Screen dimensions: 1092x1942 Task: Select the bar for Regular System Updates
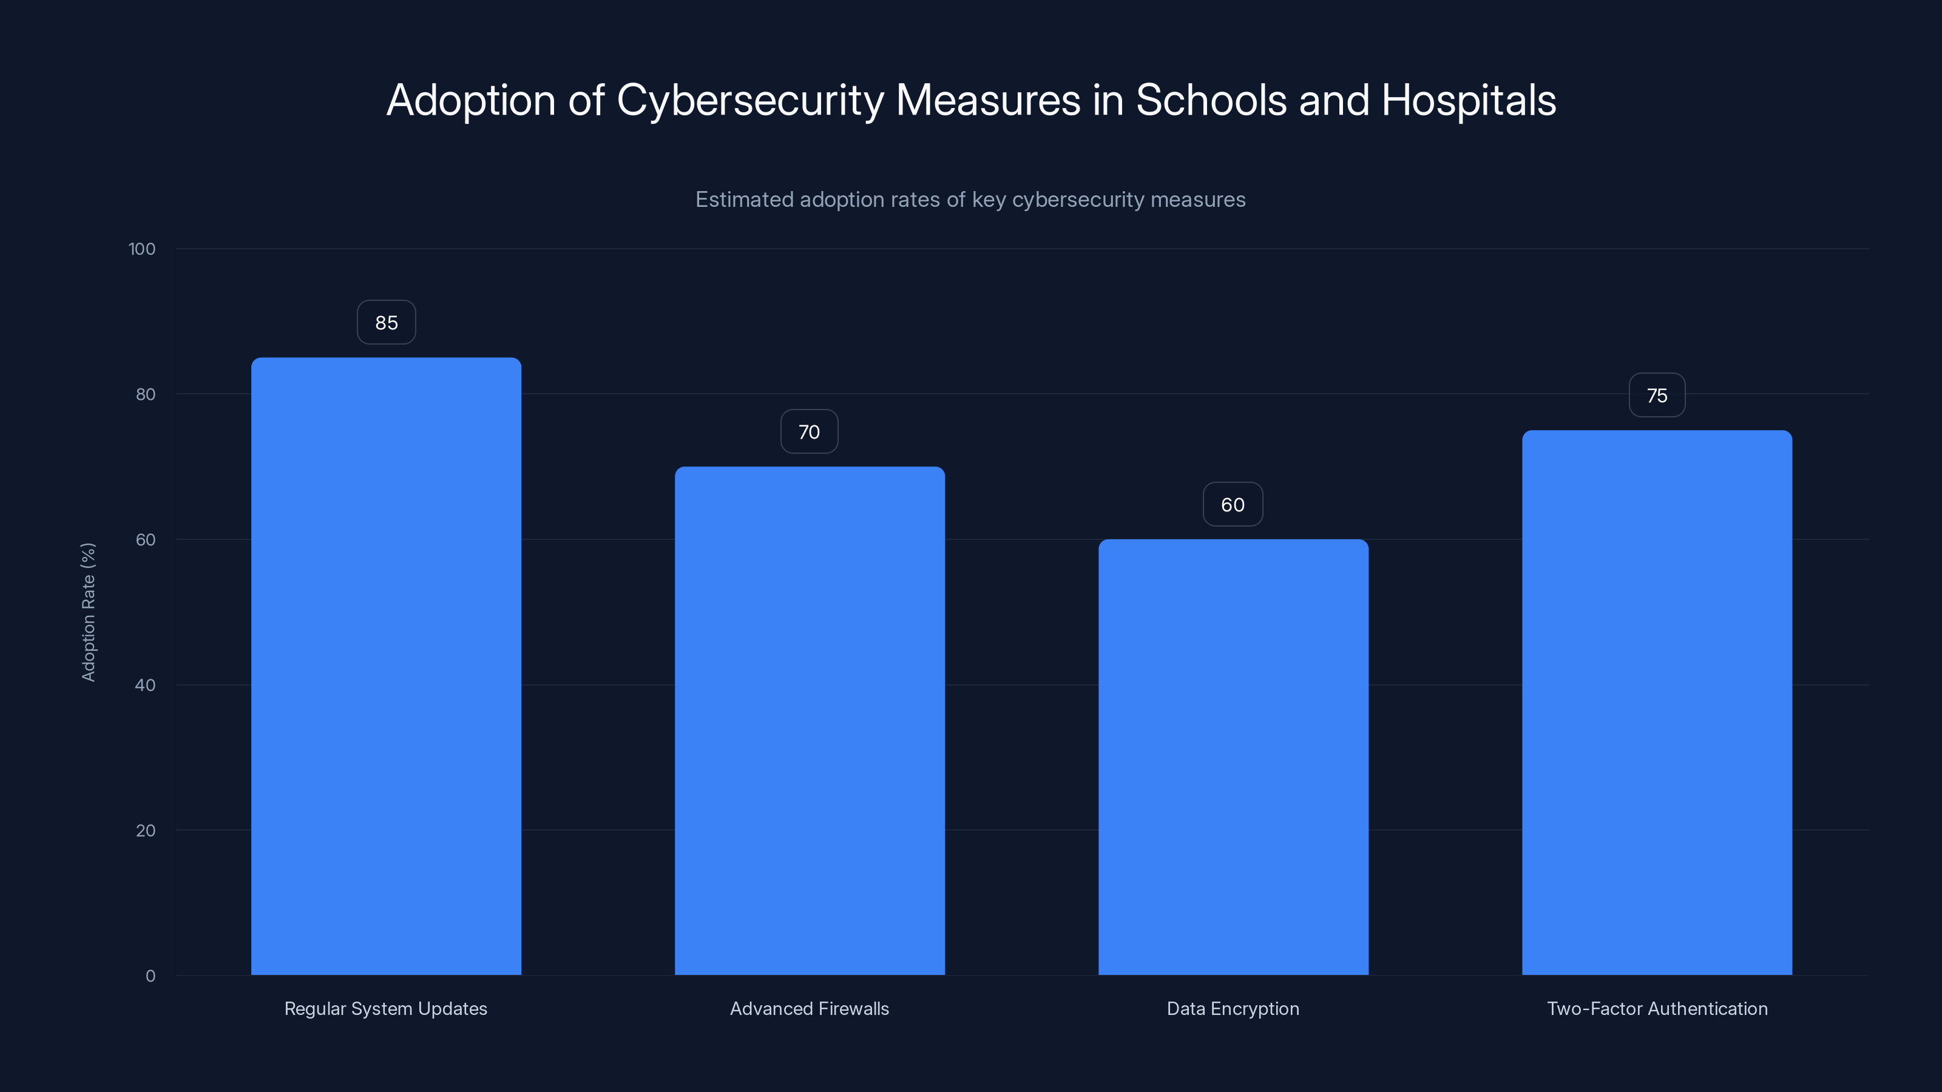point(386,666)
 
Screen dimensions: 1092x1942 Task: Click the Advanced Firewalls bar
point(809,721)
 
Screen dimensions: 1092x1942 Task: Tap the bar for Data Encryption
point(1233,757)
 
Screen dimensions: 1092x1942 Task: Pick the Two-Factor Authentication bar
point(1656,703)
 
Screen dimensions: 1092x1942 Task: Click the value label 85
point(386,323)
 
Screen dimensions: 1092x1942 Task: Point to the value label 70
point(809,432)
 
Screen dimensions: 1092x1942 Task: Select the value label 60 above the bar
point(1233,505)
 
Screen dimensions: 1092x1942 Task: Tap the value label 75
point(1656,396)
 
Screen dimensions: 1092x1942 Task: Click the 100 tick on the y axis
point(142,249)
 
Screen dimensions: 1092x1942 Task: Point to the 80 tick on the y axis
point(146,394)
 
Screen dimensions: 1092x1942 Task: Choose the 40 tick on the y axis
point(146,685)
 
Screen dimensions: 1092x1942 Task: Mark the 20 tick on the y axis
point(146,831)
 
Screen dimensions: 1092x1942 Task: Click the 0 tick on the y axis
point(150,976)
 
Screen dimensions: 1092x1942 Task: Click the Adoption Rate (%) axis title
point(88,612)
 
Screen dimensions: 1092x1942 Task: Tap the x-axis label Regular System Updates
point(385,1008)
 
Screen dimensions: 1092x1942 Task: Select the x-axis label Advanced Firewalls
point(809,1008)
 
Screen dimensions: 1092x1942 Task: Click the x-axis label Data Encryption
point(1233,1008)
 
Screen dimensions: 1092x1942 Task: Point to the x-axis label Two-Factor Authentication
point(1656,1008)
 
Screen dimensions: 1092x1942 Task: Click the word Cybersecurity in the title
point(749,100)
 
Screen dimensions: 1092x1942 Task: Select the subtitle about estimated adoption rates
point(970,200)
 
